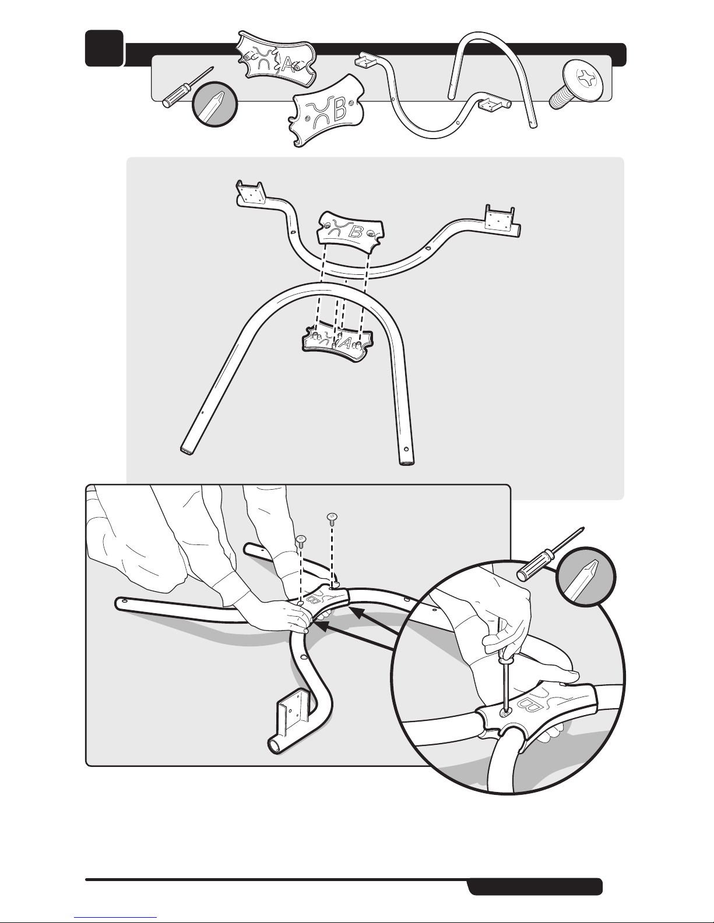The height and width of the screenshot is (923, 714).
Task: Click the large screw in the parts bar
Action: pyautogui.click(x=576, y=84)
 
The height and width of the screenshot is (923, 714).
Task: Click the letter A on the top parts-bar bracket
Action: pyautogui.click(x=287, y=65)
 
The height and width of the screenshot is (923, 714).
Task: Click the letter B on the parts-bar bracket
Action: pyautogui.click(x=340, y=112)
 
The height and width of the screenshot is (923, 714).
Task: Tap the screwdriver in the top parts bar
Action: pyautogui.click(x=188, y=87)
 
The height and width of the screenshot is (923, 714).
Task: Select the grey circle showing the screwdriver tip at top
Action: pyautogui.click(x=214, y=104)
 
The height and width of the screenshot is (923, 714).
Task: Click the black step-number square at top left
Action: pyautogui.click(x=104, y=48)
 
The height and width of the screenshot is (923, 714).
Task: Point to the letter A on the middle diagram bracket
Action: pyautogui.click(x=346, y=343)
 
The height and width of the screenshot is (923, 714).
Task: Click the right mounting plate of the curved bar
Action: pyautogui.click(x=500, y=219)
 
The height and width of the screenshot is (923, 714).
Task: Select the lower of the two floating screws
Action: pyautogui.click(x=301, y=540)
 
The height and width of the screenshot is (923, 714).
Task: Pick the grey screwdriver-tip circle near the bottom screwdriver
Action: pyautogui.click(x=586, y=577)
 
